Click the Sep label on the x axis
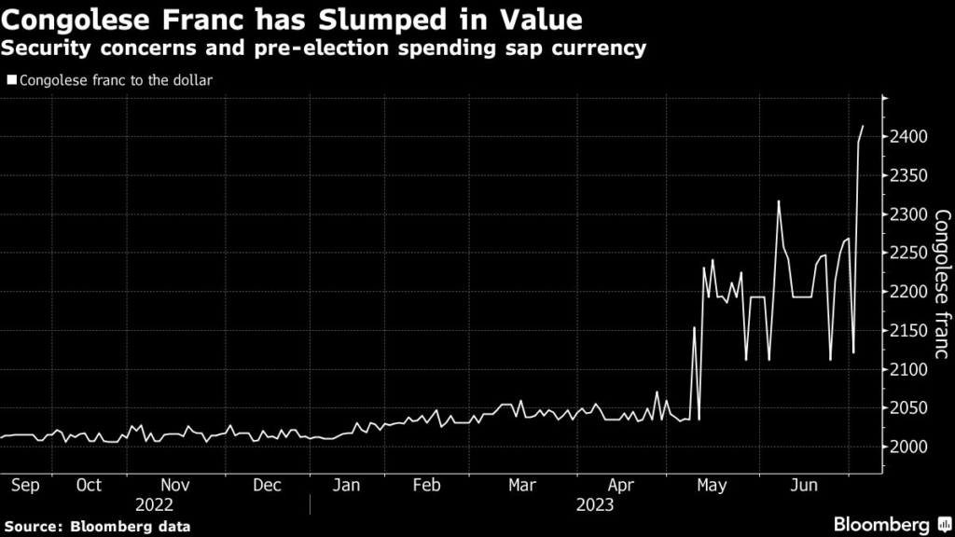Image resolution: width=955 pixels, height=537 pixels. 25,486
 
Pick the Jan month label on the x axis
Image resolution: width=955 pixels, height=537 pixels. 346,486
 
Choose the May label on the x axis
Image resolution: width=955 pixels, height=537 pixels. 713,486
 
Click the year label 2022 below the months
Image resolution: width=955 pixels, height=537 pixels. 154,505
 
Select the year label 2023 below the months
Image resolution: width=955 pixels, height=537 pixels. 594,505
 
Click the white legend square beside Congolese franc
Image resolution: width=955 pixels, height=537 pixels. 11,80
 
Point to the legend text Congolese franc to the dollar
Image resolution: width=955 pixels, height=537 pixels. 117,80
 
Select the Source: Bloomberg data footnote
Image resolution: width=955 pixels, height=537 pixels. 96,527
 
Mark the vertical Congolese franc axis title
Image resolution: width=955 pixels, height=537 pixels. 942,285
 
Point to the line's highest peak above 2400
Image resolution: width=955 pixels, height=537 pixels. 863,126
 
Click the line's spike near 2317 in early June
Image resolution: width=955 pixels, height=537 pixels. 778,201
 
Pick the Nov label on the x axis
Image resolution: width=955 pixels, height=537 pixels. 175,486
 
